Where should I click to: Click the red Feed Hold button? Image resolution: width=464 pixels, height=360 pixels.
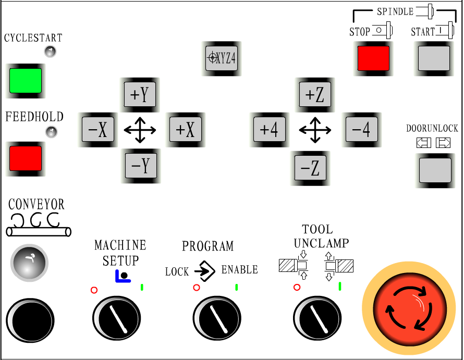pos(26,158)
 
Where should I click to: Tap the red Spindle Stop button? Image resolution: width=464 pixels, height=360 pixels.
pos(373,58)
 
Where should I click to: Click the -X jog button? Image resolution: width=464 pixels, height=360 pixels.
pos(98,130)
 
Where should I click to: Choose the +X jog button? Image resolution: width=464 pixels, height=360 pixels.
pos(185,130)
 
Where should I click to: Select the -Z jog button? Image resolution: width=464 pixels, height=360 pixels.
pos(310,168)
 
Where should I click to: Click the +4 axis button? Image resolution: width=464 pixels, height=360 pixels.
pos(270,130)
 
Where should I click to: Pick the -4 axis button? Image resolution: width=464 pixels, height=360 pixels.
pos(361,130)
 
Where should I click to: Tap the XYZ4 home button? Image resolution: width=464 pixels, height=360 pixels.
pos(222,58)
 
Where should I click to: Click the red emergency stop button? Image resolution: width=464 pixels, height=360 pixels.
pos(412,309)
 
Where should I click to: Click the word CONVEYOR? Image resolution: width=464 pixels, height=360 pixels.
pos(36,204)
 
